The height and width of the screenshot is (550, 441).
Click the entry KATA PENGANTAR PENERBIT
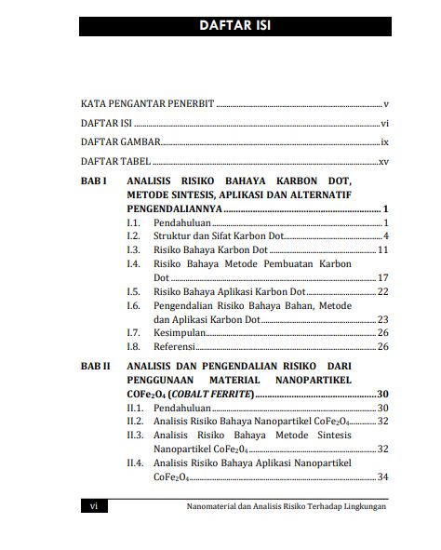click(x=147, y=104)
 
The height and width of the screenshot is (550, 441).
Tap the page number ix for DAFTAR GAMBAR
click(x=383, y=143)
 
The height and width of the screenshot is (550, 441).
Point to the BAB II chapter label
click(x=98, y=367)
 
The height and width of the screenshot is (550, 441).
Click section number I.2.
click(x=133, y=236)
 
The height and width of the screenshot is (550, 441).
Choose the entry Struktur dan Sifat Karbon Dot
click(x=212, y=236)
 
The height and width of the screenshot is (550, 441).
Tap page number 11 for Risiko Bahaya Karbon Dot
click(x=382, y=250)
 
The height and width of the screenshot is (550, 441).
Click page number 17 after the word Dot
click(x=382, y=278)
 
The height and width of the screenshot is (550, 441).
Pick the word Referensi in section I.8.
click(x=175, y=346)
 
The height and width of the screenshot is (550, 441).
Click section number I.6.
click(x=133, y=305)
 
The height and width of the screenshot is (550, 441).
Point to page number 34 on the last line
click(x=381, y=477)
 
